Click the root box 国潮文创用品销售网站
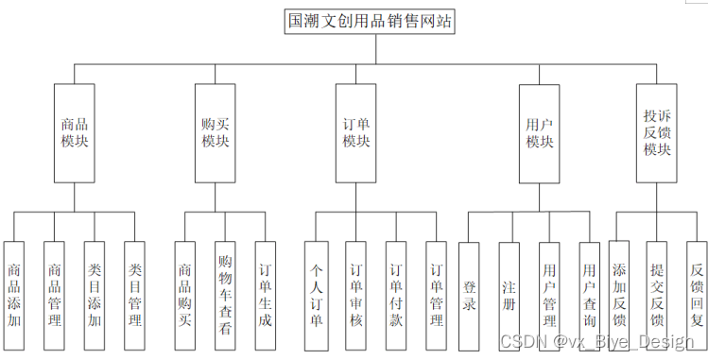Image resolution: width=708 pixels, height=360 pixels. pyautogui.click(x=371, y=22)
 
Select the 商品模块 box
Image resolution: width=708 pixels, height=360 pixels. pyautogui.click(x=75, y=132)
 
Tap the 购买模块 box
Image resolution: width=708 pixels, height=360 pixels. pyautogui.click(x=215, y=132)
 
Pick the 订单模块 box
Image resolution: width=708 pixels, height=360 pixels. pyautogui.click(x=356, y=132)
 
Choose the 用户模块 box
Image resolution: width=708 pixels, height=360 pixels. pyautogui.click(x=539, y=132)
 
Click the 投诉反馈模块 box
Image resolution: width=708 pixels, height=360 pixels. pyautogui.click(x=657, y=132)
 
